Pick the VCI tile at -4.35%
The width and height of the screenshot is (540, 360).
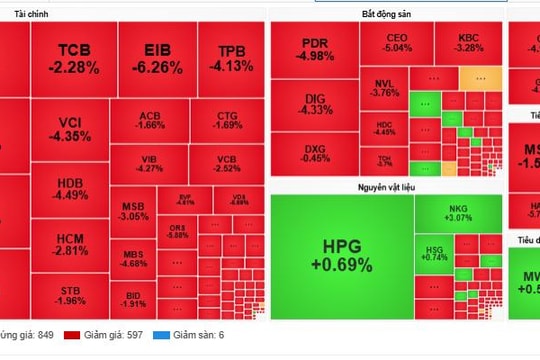[70, 129]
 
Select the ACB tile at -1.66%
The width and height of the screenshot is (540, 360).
[150, 120]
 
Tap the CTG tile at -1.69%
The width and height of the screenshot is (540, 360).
[228, 120]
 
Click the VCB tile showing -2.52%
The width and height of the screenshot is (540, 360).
[228, 164]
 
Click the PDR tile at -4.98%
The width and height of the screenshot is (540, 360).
[315, 50]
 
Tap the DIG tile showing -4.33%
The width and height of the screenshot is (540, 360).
[315, 102]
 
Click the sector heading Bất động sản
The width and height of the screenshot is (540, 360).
[386, 14]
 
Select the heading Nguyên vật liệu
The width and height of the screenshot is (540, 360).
[386, 186]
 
